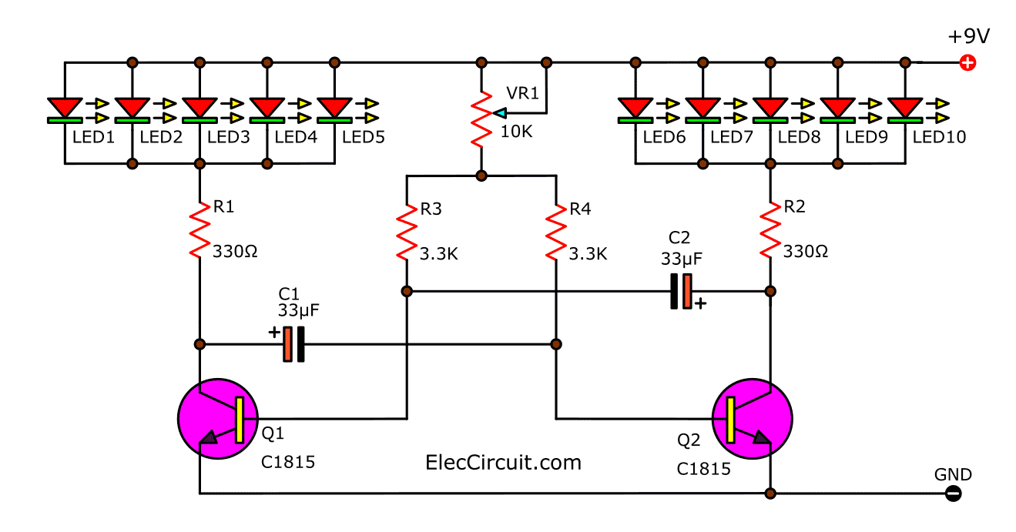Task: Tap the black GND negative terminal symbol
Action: click(x=953, y=494)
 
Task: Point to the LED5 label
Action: click(x=364, y=138)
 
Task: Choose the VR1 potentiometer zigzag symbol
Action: click(x=481, y=119)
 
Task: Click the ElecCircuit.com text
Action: click(x=503, y=462)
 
